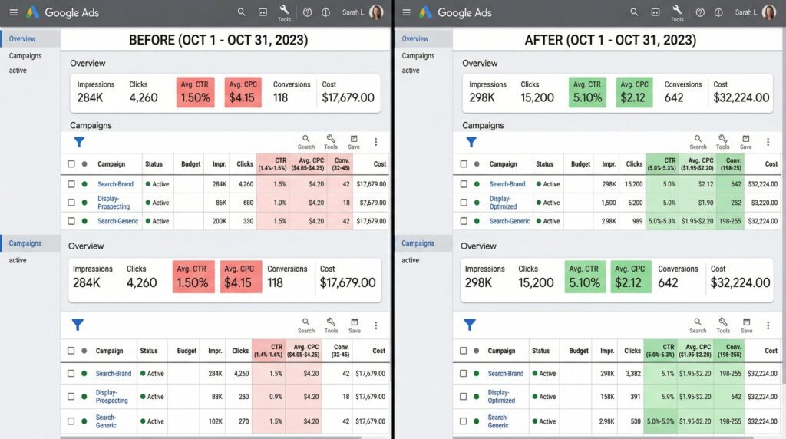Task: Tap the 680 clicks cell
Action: [246, 203]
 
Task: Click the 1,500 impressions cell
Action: [609, 203]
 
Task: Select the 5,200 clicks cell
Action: [635, 203]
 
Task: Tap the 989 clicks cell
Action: [636, 221]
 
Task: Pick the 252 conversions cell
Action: [734, 203]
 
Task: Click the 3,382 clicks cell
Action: [633, 374]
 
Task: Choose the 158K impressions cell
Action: [607, 397]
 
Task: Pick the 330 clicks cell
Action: [246, 221]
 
